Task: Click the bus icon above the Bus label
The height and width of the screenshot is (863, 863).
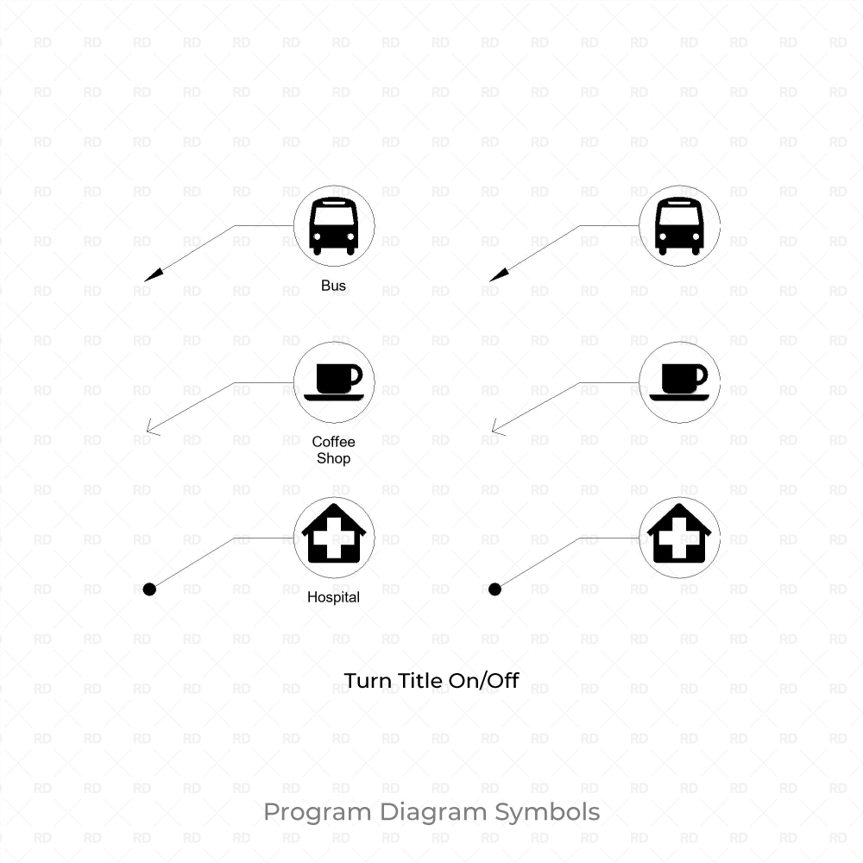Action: [x=334, y=226]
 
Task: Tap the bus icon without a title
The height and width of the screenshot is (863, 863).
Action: [x=679, y=226]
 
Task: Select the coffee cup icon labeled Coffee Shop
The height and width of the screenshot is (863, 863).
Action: [x=334, y=381]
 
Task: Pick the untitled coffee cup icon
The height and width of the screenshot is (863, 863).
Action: [x=679, y=381]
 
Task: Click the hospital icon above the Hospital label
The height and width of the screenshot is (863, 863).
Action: [x=334, y=535]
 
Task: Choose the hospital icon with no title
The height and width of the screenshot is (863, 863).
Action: [x=679, y=535]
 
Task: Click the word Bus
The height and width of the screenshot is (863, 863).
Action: [x=334, y=286]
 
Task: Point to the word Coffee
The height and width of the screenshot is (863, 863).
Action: [x=334, y=442]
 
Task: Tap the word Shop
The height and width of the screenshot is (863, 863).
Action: [x=334, y=458]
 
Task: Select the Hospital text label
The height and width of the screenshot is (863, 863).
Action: [x=334, y=596]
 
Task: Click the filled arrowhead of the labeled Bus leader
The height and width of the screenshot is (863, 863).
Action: [x=153, y=275]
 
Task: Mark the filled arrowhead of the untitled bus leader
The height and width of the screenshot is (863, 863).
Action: [x=498, y=275]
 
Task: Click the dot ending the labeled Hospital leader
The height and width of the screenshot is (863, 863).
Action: [x=149, y=589]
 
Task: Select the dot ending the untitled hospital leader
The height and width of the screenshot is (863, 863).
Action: [x=494, y=589]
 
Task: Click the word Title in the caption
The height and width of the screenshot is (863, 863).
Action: [x=420, y=681]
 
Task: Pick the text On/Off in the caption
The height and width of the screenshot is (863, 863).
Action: [x=483, y=681]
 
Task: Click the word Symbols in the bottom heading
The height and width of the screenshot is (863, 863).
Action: [x=547, y=813]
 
